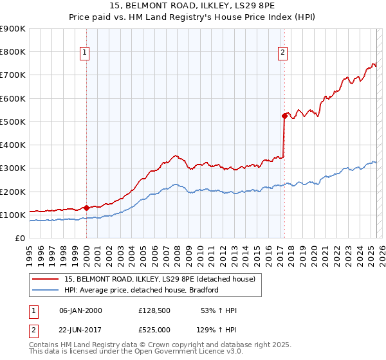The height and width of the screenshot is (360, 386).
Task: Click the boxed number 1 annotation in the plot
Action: point(86,54)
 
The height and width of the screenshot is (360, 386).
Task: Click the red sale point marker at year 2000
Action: point(86,208)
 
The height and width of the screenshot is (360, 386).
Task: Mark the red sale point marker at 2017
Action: point(284,116)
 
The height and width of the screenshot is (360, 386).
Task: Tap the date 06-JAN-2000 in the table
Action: point(80,310)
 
